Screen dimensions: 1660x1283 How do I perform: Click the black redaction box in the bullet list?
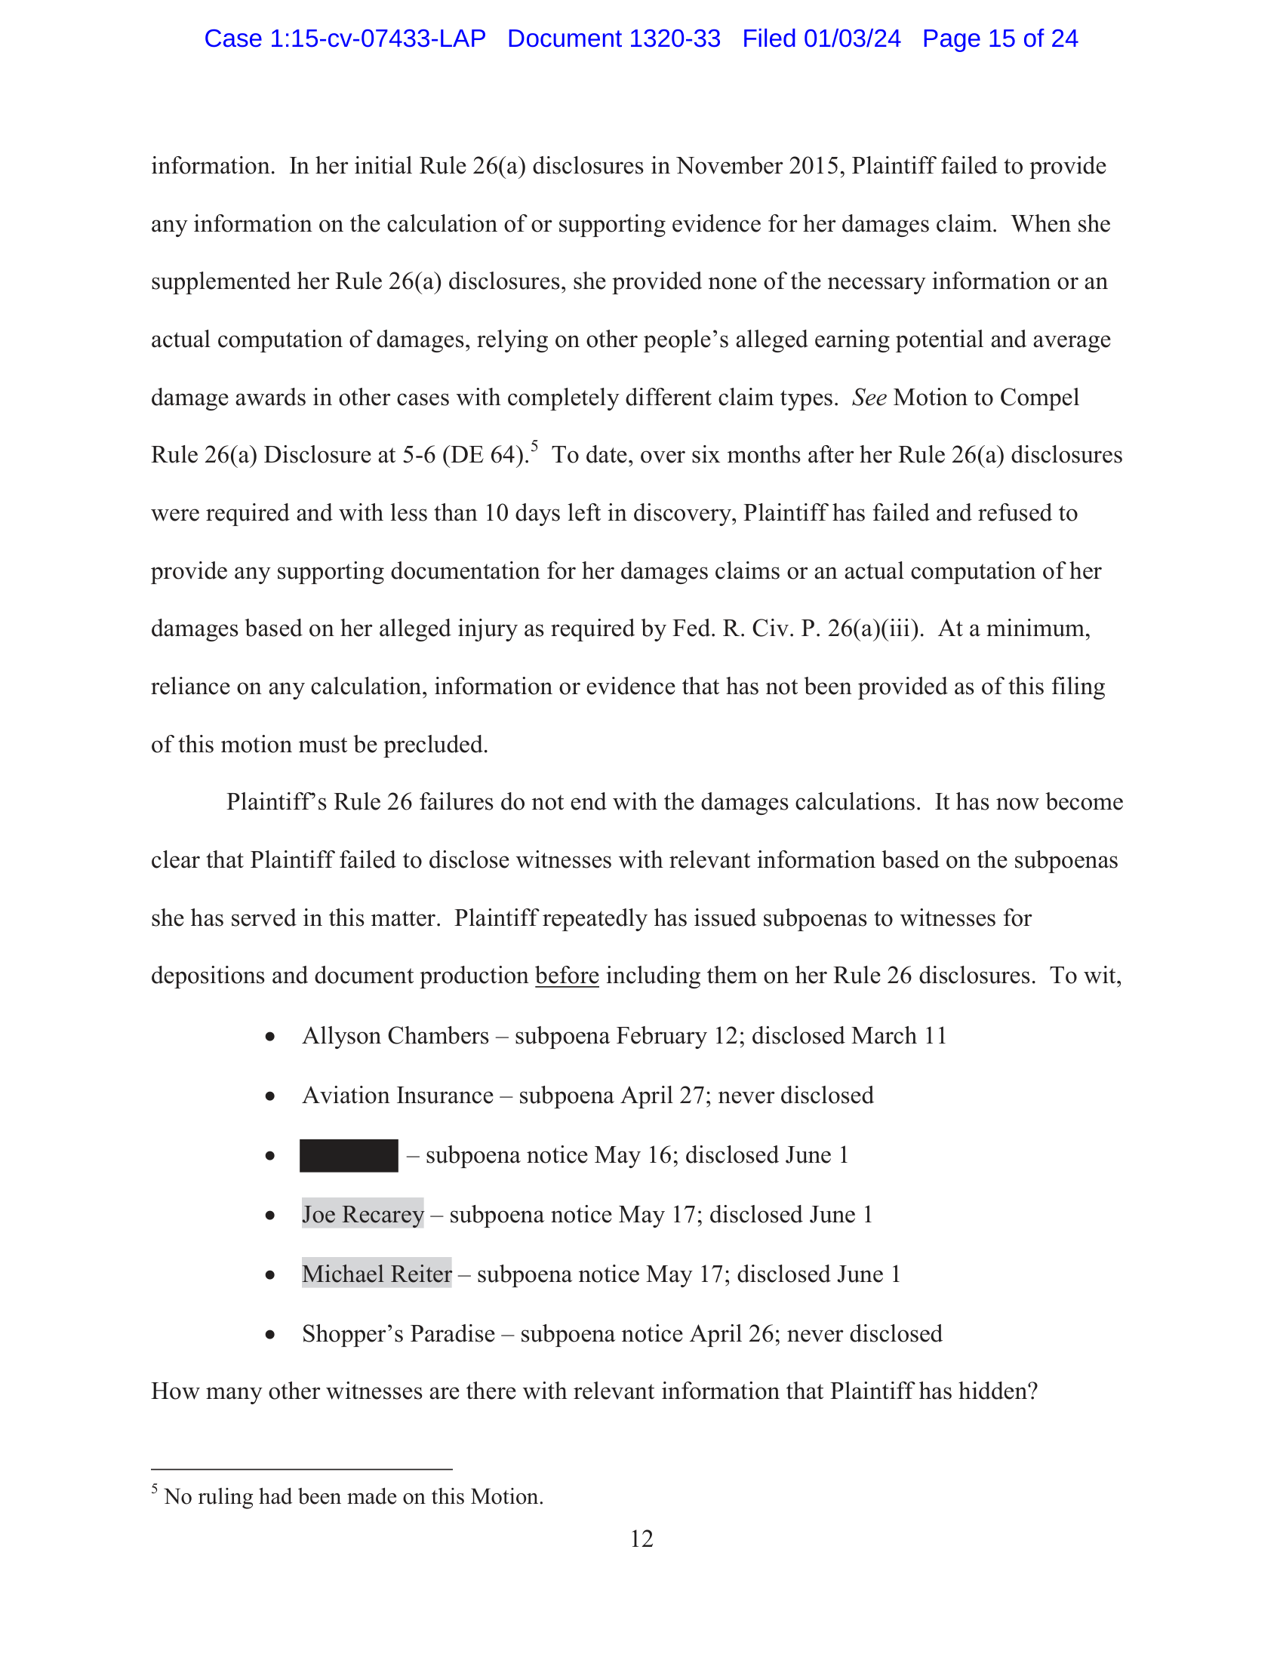point(348,1155)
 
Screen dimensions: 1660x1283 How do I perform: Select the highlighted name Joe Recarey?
point(362,1215)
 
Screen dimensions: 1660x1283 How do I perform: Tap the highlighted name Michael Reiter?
point(377,1274)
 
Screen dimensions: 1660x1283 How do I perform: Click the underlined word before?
point(566,975)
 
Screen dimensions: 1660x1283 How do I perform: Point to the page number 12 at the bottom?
point(641,1539)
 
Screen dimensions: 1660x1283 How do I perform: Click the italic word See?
point(869,398)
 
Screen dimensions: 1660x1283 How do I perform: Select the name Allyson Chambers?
point(395,1036)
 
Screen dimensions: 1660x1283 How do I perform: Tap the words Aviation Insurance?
point(398,1096)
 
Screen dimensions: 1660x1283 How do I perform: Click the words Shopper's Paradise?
point(398,1334)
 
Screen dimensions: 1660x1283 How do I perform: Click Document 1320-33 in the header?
point(614,38)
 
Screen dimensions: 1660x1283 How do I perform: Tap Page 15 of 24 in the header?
point(999,38)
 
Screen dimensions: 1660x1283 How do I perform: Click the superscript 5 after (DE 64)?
point(534,447)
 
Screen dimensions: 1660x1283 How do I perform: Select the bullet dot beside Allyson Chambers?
point(270,1037)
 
